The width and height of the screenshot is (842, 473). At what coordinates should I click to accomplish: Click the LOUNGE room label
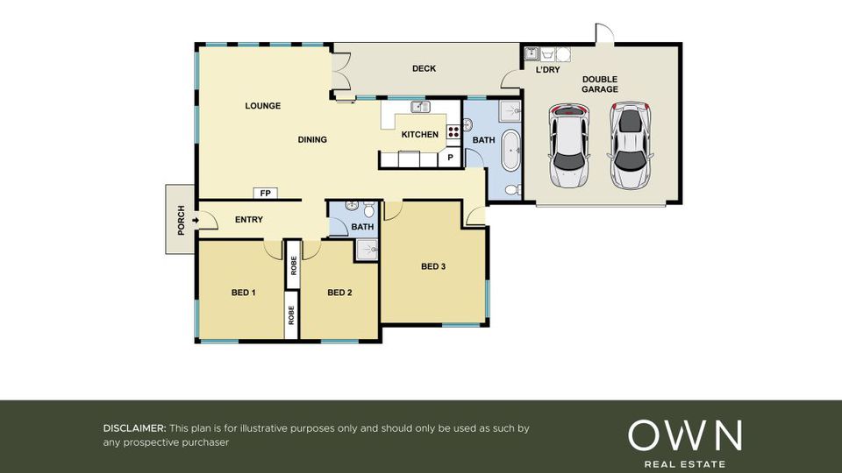[x=262, y=106]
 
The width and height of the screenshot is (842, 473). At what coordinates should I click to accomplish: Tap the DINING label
[x=312, y=139]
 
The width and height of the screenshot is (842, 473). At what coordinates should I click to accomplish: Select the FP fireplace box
[x=265, y=193]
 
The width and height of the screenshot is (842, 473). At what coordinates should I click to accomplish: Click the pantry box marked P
[x=450, y=157]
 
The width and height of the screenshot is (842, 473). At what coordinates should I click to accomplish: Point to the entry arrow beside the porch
[x=195, y=220]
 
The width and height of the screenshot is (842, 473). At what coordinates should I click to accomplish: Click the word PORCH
[x=181, y=221]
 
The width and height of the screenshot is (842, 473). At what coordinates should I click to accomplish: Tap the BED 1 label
[x=243, y=293]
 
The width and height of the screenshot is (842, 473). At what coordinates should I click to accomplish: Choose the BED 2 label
[x=339, y=293]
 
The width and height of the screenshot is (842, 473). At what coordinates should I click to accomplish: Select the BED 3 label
[x=432, y=266]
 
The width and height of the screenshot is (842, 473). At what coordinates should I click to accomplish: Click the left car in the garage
[x=568, y=145]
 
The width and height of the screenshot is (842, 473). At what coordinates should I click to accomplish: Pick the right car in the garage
[x=631, y=145]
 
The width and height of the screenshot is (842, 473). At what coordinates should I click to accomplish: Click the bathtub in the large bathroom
[x=510, y=150]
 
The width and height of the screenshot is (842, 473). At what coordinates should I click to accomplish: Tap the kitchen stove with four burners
[x=453, y=132]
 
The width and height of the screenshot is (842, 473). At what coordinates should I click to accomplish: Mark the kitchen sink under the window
[x=420, y=107]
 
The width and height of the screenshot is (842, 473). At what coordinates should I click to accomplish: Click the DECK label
[x=424, y=68]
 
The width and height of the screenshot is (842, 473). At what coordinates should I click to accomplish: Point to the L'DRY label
[x=547, y=70]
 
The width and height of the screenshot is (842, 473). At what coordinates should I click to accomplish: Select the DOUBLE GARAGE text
[x=600, y=84]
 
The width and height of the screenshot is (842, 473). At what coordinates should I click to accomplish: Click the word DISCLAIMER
[x=134, y=428]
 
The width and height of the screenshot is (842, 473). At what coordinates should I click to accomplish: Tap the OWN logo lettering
[x=685, y=435]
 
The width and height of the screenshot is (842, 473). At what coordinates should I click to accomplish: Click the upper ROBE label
[x=293, y=265]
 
